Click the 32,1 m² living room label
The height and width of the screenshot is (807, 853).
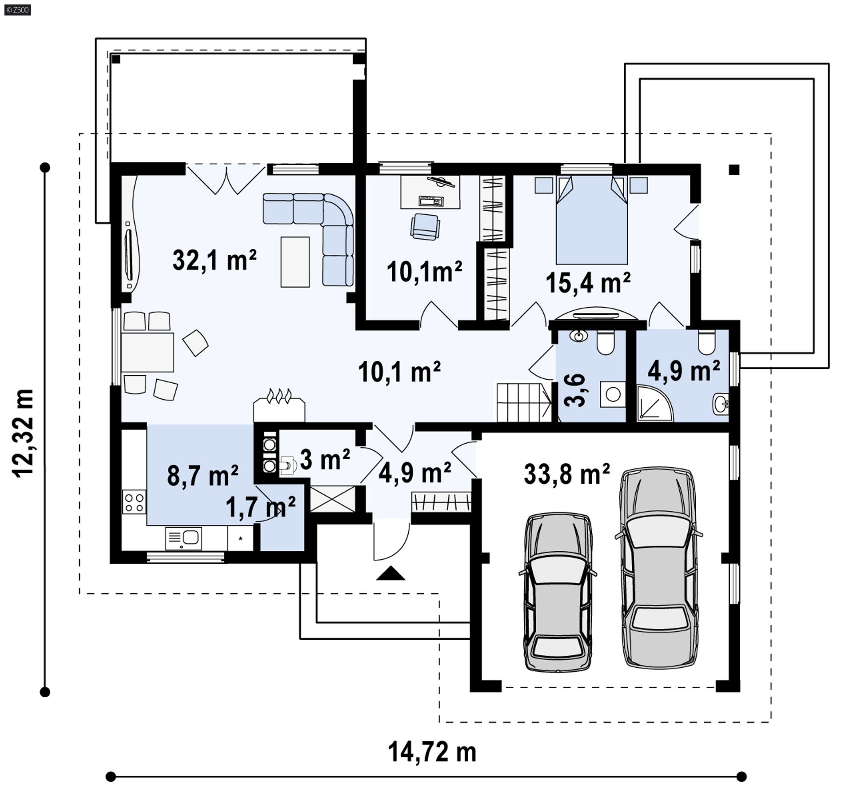[x=215, y=260]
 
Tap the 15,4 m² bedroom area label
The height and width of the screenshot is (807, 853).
[x=588, y=282]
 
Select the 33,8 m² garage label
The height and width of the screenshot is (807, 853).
[x=567, y=474]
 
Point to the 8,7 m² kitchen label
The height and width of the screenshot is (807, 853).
[x=203, y=476]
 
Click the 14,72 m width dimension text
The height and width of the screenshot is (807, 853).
[x=432, y=752]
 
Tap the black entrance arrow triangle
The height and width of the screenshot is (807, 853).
[x=391, y=573]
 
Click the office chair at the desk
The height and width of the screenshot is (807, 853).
[x=426, y=227]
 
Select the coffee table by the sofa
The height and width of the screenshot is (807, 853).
[x=295, y=262]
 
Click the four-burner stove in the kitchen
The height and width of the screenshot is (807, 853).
[x=134, y=502]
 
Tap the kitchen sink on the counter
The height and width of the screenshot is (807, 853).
[x=183, y=538]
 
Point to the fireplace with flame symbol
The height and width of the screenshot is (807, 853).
[x=279, y=406]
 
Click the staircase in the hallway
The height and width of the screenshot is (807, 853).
[x=524, y=402]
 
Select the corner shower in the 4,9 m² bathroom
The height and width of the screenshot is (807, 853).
[x=655, y=403]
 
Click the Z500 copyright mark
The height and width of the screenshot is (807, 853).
[x=18, y=10]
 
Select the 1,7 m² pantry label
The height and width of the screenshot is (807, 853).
[x=261, y=507]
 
